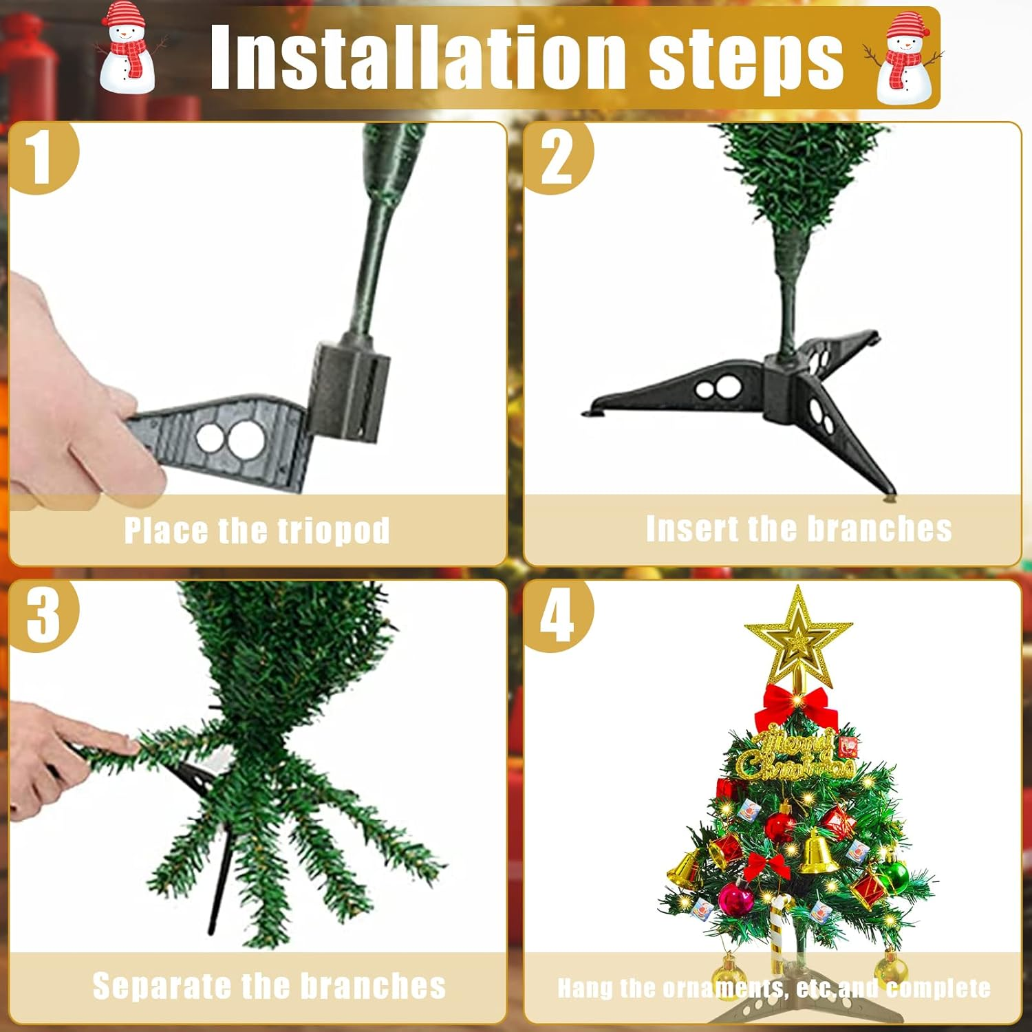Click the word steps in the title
coord(746,61)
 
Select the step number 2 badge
coord(557,157)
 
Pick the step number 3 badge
coord(43,615)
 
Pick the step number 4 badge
coord(557,615)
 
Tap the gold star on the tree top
coord(798,636)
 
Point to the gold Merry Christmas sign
coord(795,755)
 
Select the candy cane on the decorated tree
coord(781,929)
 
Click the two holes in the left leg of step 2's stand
coord(718,389)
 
